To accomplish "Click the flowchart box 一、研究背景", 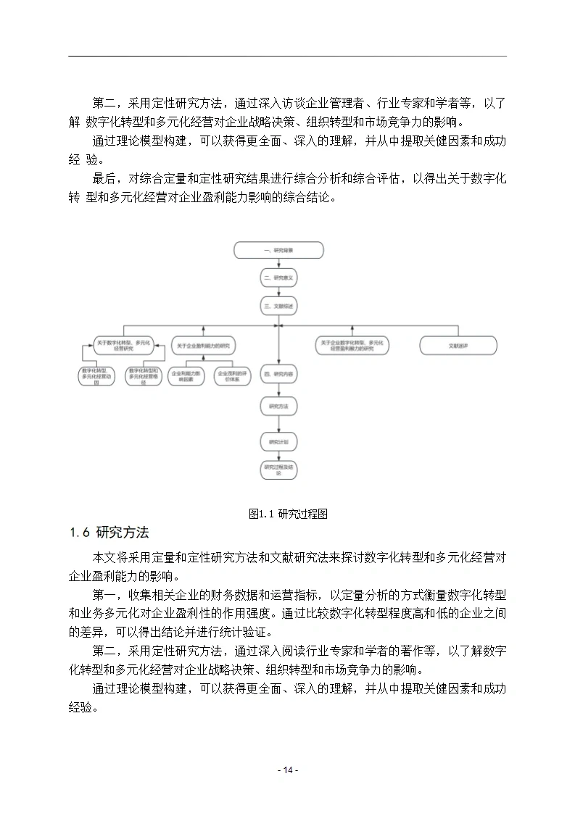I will pos(278,250).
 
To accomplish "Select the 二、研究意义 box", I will pos(278,278).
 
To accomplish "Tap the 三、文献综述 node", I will pos(278,306).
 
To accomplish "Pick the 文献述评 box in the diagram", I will pos(458,346).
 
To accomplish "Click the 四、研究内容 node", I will pos(278,375).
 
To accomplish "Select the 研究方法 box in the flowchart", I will pos(278,407).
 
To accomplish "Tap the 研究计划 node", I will pos(278,441).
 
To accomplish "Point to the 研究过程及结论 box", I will pos(278,469).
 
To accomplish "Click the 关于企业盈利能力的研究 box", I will pos(202,346).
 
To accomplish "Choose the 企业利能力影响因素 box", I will pos(186,376).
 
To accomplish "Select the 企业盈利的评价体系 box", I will pos(232,376).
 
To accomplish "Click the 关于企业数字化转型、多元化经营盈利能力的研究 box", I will pos(352,346).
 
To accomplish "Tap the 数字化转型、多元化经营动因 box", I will pos(98,376).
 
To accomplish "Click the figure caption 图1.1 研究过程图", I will pos(288,514).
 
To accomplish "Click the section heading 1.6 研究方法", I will pos(109,533).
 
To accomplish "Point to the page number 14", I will pos(287,770).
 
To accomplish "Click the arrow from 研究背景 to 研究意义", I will pos(278,264).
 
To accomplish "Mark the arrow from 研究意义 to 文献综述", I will pos(278,291).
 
